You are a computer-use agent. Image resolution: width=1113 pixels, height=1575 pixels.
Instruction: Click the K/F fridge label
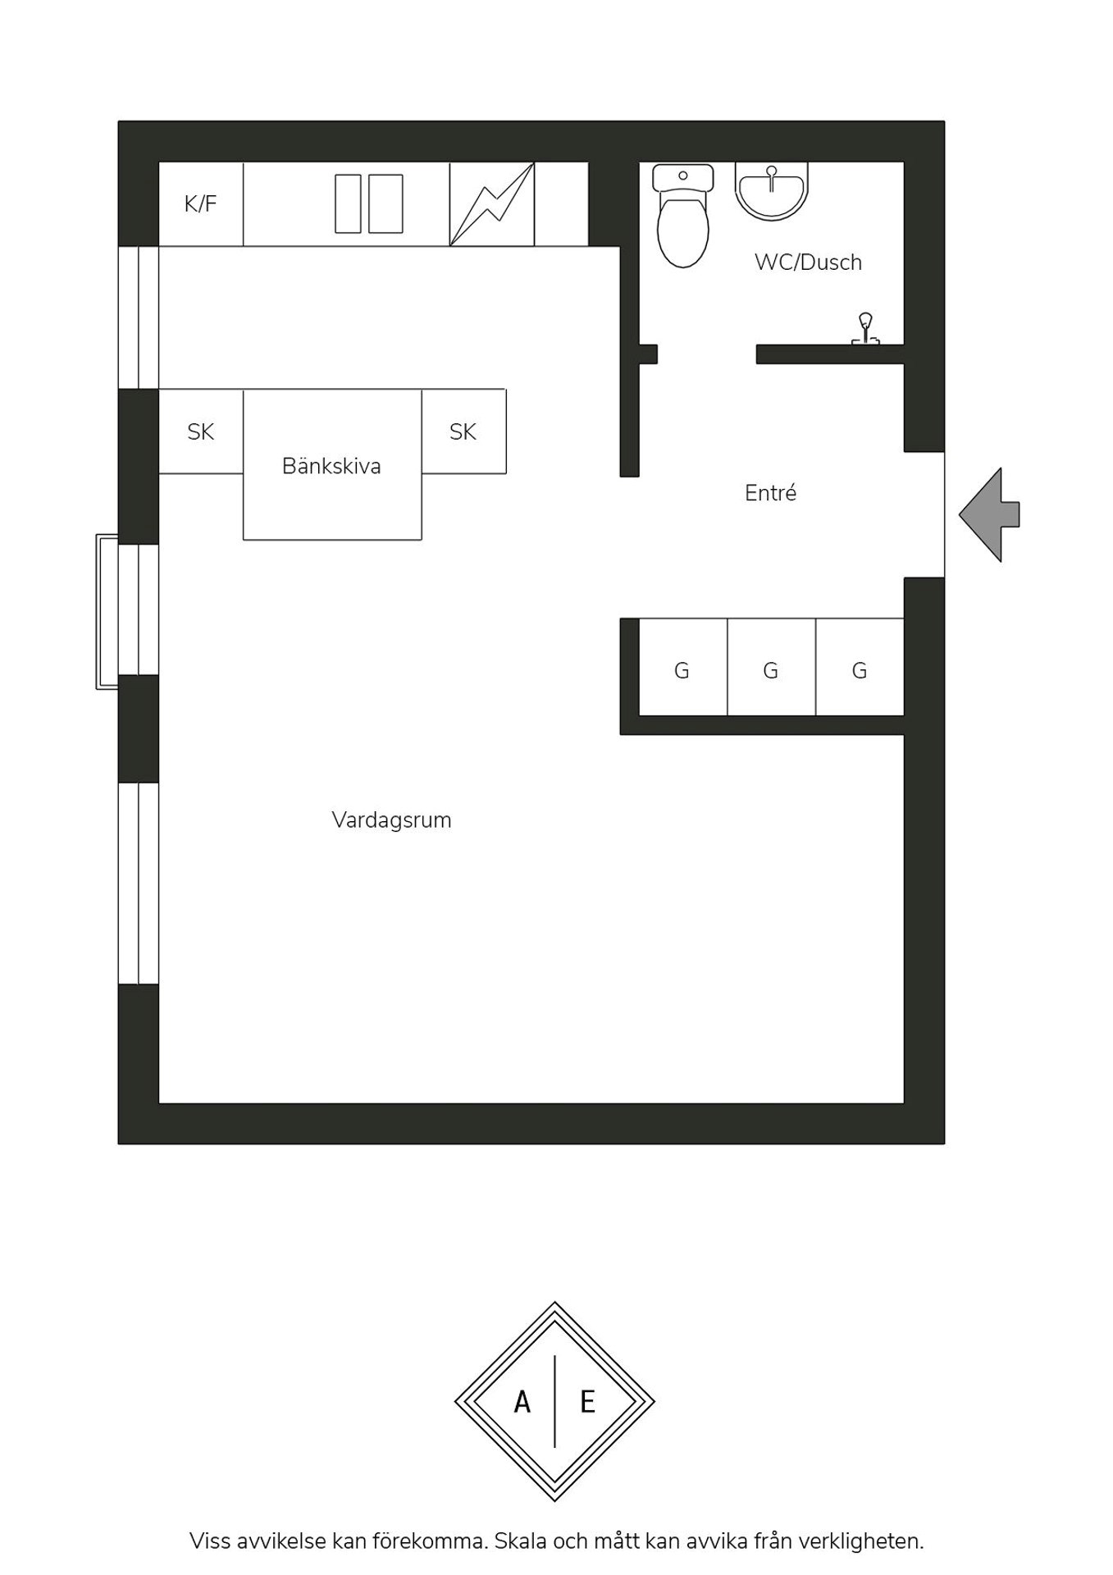[200, 203]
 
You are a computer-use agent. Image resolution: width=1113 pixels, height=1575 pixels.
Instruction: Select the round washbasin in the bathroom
[771, 191]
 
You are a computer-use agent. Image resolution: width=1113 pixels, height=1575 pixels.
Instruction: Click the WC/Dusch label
[808, 262]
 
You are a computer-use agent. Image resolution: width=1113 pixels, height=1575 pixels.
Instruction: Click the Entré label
[770, 493]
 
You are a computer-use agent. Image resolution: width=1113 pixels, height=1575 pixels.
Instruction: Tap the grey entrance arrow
[989, 515]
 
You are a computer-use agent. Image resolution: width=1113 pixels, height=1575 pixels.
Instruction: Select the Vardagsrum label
[391, 820]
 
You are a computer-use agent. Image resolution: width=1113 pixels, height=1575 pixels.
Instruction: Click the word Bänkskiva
[331, 466]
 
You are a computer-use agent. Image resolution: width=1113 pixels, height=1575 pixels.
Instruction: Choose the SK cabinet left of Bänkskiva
[201, 431]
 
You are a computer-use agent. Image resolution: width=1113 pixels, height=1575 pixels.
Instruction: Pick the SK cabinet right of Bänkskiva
[463, 431]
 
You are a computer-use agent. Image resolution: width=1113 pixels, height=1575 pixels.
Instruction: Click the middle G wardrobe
[771, 667]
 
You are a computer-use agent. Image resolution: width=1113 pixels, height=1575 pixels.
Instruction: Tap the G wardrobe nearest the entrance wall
[860, 667]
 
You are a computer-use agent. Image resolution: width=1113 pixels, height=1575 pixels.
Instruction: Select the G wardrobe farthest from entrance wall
[682, 667]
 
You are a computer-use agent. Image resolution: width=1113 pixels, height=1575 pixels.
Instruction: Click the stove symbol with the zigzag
[492, 204]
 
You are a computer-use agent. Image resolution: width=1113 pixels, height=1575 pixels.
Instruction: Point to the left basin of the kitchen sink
[349, 203]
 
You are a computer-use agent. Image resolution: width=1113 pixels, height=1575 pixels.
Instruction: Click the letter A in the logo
[522, 1402]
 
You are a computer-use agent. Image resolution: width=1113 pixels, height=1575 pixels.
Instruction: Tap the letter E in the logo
[587, 1402]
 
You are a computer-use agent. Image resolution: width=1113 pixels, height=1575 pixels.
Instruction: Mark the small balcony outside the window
[107, 612]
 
